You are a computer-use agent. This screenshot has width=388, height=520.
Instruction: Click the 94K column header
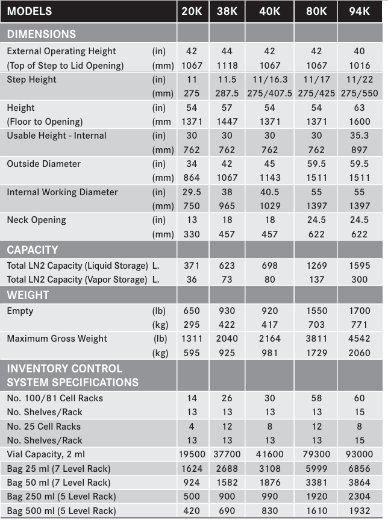(359, 11)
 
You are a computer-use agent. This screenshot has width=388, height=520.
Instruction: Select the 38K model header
(227, 11)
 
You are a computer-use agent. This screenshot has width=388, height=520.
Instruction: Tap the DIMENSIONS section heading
(42, 34)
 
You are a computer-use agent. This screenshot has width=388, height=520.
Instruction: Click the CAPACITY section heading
(33, 249)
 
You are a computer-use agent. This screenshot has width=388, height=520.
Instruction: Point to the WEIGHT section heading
(28, 295)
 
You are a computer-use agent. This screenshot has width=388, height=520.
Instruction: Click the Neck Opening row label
(37, 220)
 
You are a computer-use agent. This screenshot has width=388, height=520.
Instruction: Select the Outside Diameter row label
(44, 164)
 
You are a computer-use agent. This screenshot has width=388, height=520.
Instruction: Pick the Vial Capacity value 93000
(359, 454)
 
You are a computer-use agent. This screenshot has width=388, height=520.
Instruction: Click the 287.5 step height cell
(227, 93)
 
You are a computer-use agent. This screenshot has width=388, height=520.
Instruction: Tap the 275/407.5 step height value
(269, 93)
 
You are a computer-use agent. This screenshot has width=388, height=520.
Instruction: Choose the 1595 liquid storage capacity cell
(359, 266)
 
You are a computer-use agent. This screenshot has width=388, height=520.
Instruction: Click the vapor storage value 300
(359, 280)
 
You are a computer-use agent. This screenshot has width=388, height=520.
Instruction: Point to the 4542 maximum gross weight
(359, 339)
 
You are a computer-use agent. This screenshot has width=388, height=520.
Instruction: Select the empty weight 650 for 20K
(192, 311)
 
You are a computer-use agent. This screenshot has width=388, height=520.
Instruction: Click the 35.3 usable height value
(359, 136)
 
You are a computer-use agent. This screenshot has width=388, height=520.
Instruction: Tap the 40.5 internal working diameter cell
(269, 192)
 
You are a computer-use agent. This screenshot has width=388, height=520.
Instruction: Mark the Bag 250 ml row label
(61, 497)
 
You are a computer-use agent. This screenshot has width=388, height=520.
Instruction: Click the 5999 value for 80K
(316, 469)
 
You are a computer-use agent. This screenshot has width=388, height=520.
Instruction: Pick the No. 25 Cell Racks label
(44, 427)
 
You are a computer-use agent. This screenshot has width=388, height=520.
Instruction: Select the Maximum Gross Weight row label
(57, 339)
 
